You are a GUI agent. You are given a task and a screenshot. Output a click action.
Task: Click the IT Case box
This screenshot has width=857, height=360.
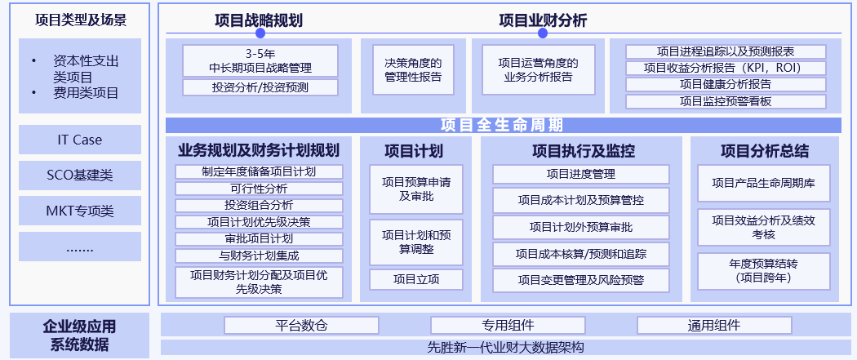click(80, 140)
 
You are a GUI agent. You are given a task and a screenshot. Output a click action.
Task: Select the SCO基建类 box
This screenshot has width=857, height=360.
click(80, 176)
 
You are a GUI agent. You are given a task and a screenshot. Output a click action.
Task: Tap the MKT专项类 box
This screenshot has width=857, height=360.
click(80, 211)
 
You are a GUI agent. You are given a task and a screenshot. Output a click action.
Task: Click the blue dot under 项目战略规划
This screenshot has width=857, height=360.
click(260, 33)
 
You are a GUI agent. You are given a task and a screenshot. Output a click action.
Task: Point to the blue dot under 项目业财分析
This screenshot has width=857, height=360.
click(542, 33)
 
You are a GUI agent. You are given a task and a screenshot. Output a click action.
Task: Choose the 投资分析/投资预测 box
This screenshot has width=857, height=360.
click(260, 87)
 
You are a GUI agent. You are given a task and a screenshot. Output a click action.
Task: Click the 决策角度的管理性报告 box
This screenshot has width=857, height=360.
click(413, 70)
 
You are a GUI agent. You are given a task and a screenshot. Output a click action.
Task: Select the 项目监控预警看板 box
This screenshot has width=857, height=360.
click(726, 101)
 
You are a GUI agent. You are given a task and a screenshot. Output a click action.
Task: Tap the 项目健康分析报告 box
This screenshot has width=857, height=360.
click(726, 85)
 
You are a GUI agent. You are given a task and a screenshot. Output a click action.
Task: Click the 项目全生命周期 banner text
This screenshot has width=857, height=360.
click(502, 125)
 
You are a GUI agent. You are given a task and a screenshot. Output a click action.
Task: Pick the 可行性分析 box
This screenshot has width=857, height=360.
click(259, 189)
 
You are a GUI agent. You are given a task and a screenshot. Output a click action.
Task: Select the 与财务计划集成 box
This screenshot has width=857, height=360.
click(259, 256)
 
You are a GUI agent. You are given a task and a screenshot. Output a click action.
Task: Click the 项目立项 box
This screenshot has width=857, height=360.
click(416, 280)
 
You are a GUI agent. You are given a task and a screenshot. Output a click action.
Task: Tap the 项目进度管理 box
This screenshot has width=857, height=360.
click(581, 174)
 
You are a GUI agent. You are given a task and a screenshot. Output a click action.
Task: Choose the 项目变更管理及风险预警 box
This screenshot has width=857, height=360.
click(581, 280)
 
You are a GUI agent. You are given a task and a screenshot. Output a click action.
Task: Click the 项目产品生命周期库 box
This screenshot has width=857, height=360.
click(763, 183)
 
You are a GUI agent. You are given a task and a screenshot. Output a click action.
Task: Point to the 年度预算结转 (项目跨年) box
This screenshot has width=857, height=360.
click(763, 271)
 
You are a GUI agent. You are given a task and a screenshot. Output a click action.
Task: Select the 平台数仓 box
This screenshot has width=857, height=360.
click(301, 326)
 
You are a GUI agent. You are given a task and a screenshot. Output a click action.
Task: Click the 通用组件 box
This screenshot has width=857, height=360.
click(714, 326)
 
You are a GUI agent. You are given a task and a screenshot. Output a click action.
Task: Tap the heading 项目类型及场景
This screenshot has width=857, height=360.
click(80, 20)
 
